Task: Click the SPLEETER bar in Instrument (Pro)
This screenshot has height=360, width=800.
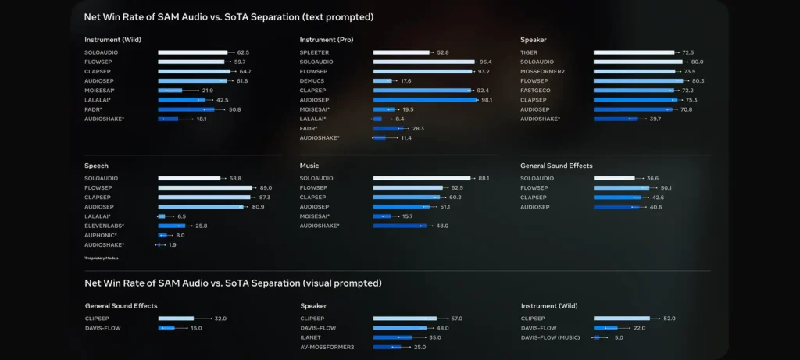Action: click(x=401, y=52)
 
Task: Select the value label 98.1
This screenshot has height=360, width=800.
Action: click(x=487, y=100)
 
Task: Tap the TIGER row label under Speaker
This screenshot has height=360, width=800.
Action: click(x=529, y=52)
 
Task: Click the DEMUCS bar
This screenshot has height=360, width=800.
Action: click(x=383, y=80)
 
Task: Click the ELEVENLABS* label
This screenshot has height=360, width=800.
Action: click(x=104, y=226)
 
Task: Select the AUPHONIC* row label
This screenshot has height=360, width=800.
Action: click(x=101, y=235)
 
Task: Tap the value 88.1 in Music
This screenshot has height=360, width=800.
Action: click(x=484, y=178)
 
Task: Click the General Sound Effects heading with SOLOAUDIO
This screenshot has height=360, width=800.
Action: click(x=556, y=166)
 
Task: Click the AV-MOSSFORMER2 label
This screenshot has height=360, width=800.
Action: click(x=327, y=347)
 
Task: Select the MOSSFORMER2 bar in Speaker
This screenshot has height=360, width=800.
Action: click(x=634, y=71)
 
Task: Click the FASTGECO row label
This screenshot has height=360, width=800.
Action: click(x=535, y=91)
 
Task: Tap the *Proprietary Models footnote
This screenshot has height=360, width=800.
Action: click(x=102, y=258)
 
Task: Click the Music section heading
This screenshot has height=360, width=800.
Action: click(x=309, y=166)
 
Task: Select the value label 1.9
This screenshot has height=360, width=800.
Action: click(x=173, y=244)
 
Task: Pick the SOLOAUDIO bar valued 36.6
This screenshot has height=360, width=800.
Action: click(x=614, y=178)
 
